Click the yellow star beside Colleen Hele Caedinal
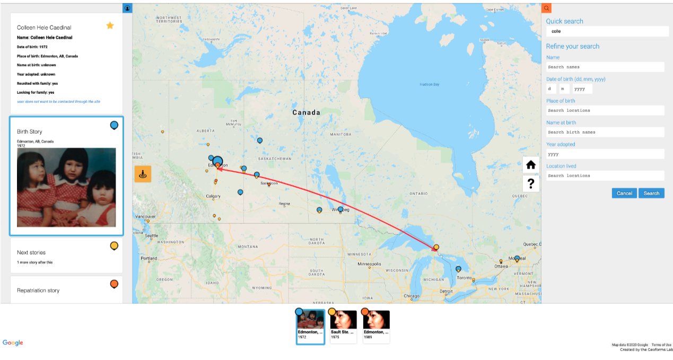point(110,25)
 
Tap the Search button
point(651,193)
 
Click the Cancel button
point(624,193)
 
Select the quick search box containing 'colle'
point(607,31)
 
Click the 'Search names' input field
point(605,67)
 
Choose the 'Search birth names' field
point(605,132)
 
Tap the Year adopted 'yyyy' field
point(605,154)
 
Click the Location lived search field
point(605,175)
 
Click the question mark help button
point(530,183)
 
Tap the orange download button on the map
point(143,174)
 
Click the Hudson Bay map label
point(429,84)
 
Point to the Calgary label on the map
point(213,196)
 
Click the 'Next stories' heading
point(31,252)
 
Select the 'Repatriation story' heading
point(38,291)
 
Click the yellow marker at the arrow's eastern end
point(436,247)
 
